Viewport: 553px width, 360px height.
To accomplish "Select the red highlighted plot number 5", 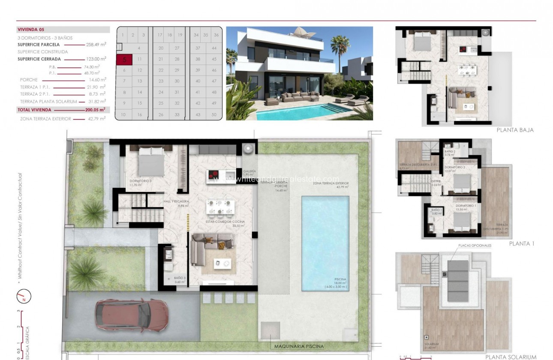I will (124, 60).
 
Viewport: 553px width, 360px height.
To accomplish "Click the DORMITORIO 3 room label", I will (140, 181).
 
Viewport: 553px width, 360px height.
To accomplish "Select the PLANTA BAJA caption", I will (515, 130).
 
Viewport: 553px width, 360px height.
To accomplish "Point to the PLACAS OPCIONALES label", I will (474, 246).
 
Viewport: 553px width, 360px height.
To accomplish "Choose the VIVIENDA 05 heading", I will (31, 30).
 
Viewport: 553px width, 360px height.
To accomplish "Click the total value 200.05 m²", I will (95, 110).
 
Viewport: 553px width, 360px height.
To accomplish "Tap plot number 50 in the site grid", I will (213, 115).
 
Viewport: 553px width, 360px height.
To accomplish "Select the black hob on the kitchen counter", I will (213, 175).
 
